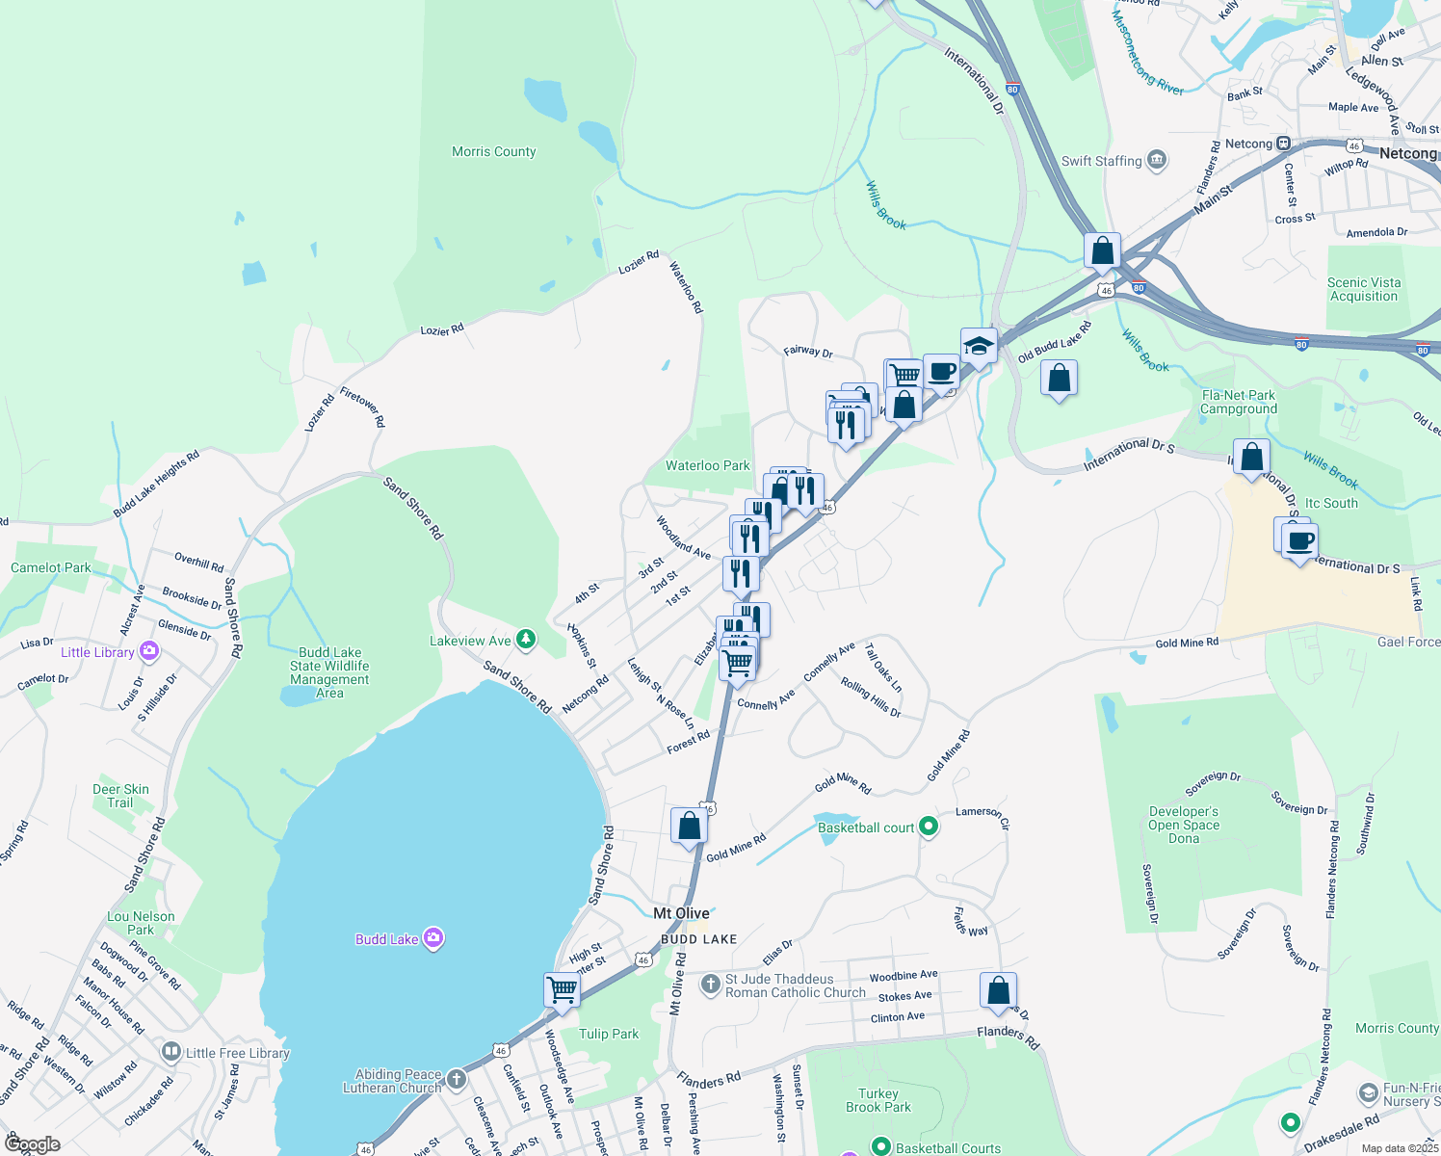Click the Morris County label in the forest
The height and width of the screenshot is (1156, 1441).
click(493, 151)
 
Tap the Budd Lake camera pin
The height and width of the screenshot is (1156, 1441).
click(433, 938)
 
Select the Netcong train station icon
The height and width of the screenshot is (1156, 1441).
click(1283, 144)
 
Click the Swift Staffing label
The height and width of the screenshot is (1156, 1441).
click(1101, 161)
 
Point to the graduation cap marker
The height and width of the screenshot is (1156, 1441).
click(978, 346)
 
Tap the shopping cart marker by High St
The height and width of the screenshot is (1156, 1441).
click(562, 989)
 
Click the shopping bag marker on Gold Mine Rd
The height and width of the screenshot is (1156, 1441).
click(689, 827)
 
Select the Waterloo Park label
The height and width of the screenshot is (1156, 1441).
click(707, 465)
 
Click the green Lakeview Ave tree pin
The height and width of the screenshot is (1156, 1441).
click(525, 639)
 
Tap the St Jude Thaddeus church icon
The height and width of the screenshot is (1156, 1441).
click(711, 985)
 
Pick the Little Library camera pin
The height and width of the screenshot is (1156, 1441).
click(148, 651)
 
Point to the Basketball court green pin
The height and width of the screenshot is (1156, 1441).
click(929, 827)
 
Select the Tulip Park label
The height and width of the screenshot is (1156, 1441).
click(609, 1034)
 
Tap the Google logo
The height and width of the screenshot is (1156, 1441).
click(32, 1144)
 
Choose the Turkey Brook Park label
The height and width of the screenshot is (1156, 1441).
click(878, 1100)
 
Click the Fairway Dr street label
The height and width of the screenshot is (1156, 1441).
click(807, 352)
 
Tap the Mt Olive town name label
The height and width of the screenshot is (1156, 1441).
click(681, 913)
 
